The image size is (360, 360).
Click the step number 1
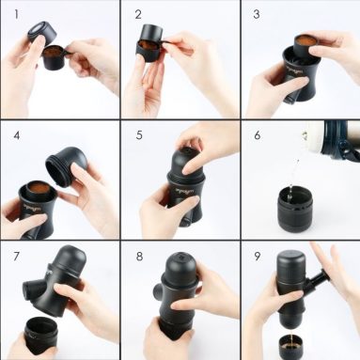[x=16, y=14]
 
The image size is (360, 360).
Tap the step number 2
[x=138, y=14]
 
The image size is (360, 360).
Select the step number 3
[x=257, y=14]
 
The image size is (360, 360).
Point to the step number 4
[x=16, y=133]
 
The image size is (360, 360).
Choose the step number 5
[x=137, y=133]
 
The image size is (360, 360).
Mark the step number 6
[x=257, y=133]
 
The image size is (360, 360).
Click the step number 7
[x=16, y=255]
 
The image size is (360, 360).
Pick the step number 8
[x=137, y=255]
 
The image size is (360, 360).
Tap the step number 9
[x=257, y=255]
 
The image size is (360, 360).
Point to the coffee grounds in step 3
[x=286, y=43]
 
